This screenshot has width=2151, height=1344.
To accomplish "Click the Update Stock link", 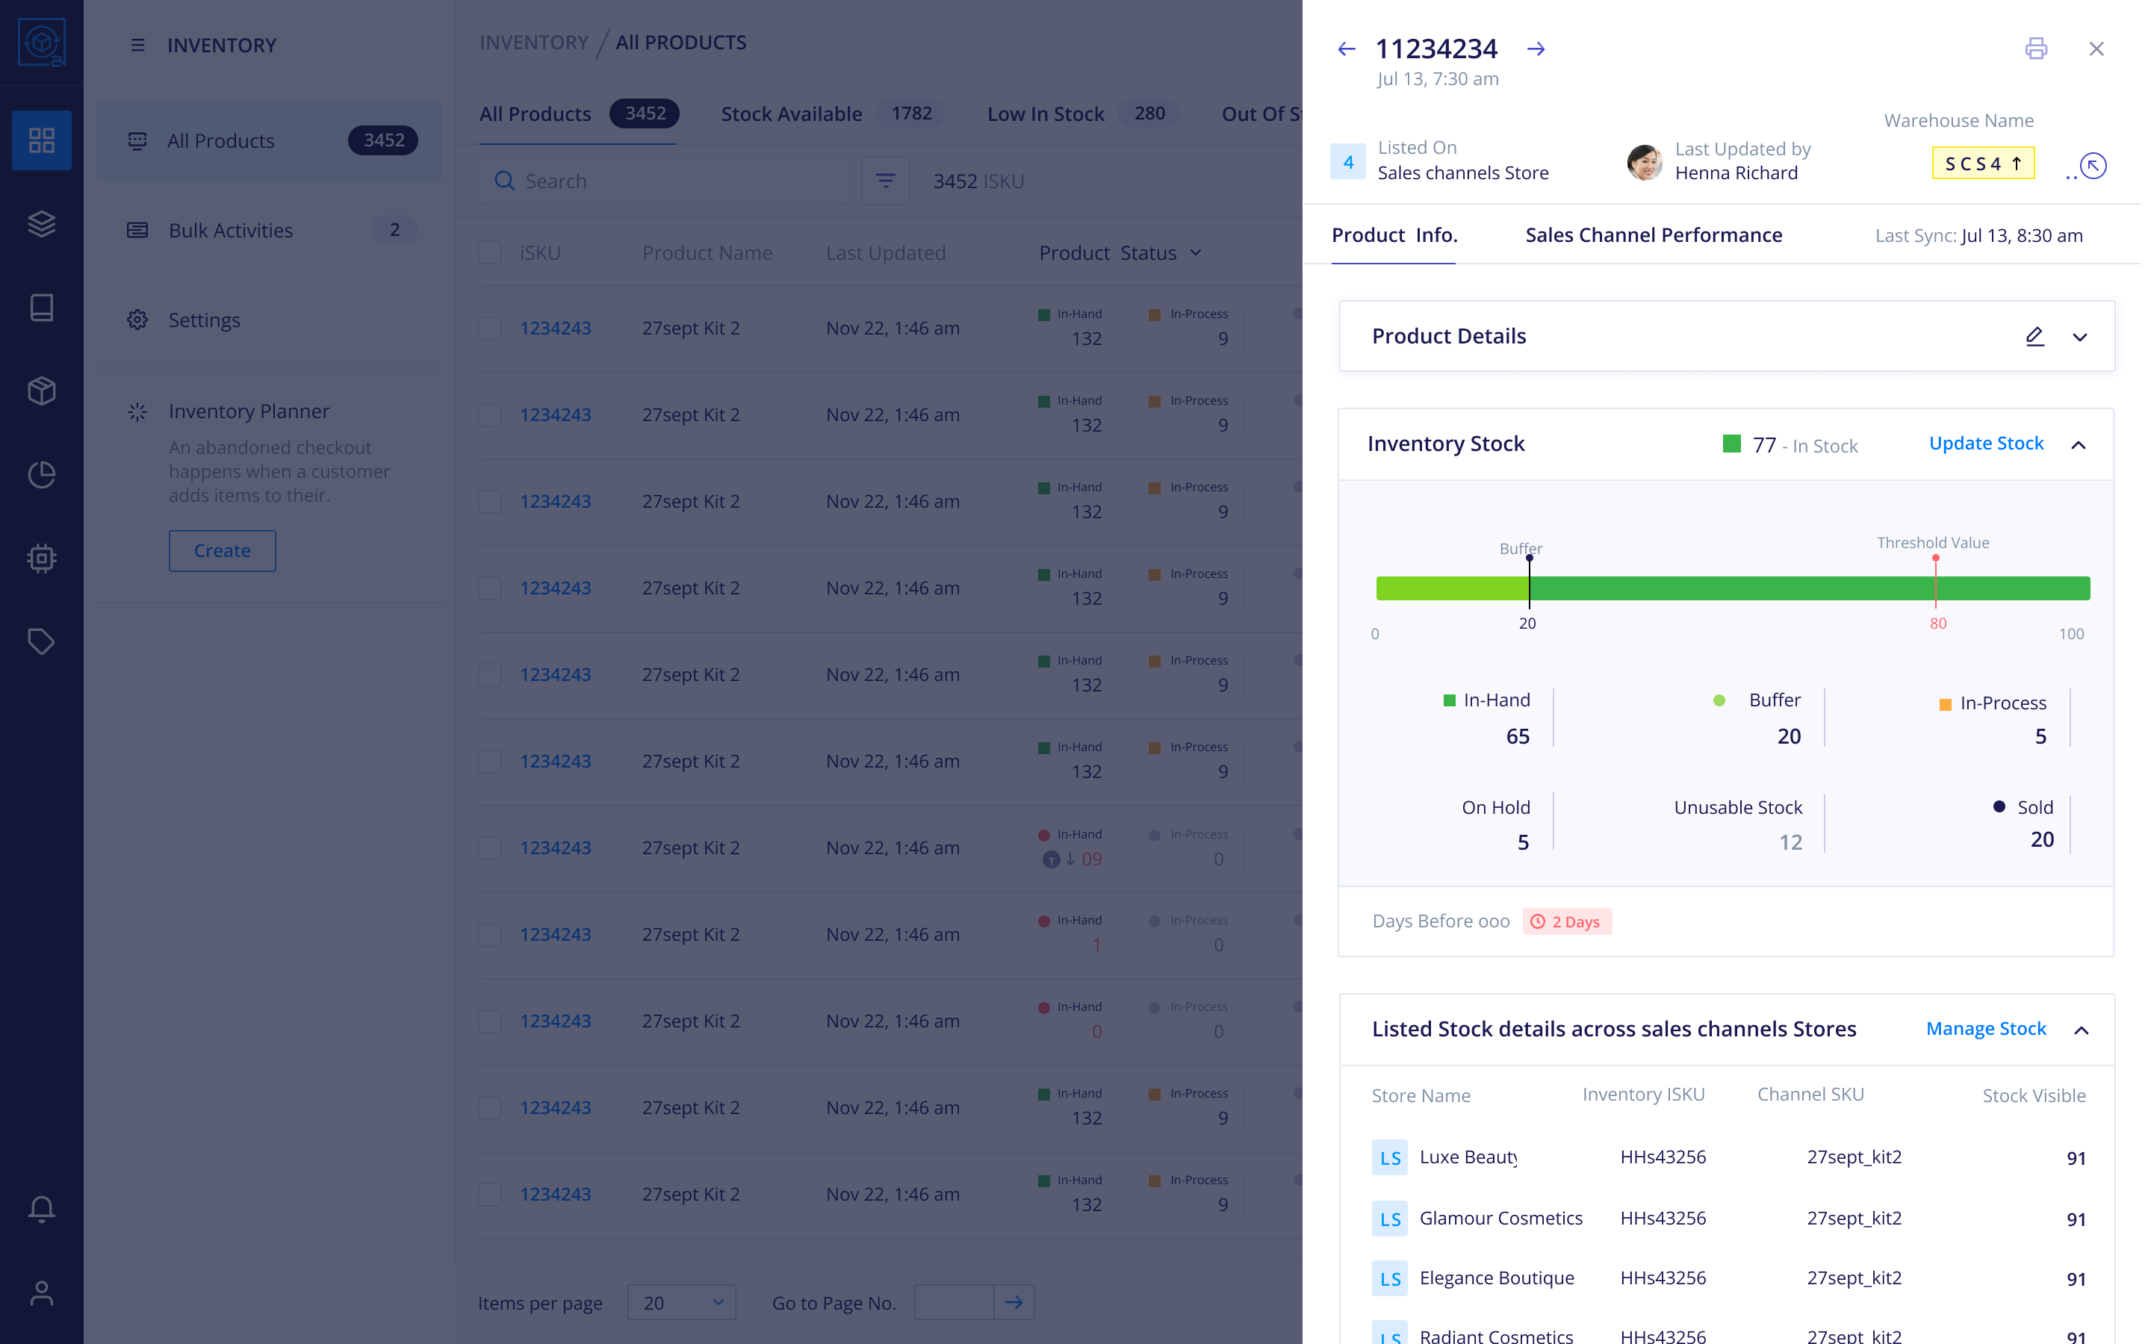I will pos(1986,444).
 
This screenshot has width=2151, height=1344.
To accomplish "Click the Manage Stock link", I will pos(1986,1028).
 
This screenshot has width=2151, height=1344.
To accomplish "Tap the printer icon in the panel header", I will pos(2035,49).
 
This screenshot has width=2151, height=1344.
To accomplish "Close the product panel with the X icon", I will pos(2096,49).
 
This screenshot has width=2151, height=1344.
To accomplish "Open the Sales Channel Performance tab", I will pos(1654,235).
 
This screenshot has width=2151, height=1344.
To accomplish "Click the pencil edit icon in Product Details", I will pos(2034,336).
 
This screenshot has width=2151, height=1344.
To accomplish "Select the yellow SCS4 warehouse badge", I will pos(1982,164).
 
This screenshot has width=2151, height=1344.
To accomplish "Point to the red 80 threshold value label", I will pos(1937,624).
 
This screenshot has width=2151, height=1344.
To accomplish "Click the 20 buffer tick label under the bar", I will pos(1527,624).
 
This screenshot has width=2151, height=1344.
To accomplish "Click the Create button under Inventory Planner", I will pos(223,551).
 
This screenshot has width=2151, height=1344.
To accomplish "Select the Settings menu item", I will pos(205,320).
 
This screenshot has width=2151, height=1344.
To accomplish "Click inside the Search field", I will pos(675,181).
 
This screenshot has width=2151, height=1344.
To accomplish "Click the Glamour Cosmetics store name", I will pos(1500,1219).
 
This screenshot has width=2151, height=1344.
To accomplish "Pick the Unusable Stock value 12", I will pos(1790,841).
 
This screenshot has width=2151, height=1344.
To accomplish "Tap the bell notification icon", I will pos(42,1208).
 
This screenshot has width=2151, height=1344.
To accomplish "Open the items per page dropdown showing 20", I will pos(681,1303).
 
